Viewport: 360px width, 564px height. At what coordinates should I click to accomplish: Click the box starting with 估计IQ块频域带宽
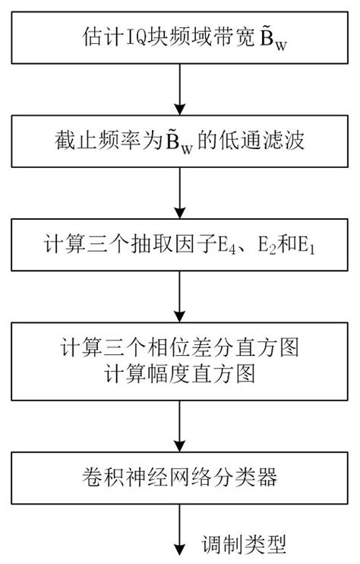(x=179, y=37)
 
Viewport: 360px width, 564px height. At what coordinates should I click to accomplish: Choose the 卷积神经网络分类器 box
(x=179, y=478)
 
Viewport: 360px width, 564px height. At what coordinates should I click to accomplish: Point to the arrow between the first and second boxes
(x=180, y=90)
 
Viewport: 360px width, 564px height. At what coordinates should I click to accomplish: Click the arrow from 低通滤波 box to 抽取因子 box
(x=180, y=196)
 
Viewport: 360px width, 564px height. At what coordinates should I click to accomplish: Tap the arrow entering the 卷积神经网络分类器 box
(x=180, y=429)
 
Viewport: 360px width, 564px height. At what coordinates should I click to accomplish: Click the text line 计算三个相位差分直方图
(x=179, y=350)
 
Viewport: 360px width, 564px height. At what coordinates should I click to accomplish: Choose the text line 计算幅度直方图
(x=179, y=375)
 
